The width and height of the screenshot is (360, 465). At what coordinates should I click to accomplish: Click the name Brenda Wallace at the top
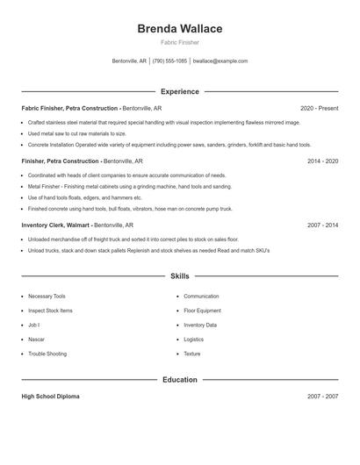[180, 29]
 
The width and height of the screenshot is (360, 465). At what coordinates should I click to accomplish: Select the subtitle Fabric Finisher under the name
[180, 42]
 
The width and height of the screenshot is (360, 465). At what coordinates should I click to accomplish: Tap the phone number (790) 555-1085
[169, 61]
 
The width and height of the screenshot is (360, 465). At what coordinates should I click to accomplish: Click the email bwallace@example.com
[220, 61]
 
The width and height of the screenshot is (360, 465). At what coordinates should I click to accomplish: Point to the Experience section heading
[180, 91]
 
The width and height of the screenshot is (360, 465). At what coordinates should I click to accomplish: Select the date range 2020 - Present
[319, 108]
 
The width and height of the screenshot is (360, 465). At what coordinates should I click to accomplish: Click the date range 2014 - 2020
[322, 161]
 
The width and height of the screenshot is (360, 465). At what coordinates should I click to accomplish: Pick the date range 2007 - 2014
[322, 225]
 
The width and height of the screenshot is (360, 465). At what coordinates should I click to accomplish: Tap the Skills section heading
[180, 275]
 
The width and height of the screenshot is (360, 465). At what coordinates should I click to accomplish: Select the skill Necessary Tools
[47, 297]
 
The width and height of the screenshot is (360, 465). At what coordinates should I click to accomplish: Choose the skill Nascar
[37, 340]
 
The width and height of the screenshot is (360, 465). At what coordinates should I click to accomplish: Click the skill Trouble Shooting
[47, 354]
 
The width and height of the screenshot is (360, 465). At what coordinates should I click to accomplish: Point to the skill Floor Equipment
[203, 311]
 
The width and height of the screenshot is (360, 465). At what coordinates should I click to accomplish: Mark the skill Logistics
[193, 340]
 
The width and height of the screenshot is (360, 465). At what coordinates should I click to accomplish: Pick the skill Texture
[192, 354]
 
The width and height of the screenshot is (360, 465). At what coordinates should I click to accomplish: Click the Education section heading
[180, 380]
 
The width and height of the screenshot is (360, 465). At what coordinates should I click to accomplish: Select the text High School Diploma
[50, 397]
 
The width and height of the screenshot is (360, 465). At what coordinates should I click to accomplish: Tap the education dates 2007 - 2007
[322, 397]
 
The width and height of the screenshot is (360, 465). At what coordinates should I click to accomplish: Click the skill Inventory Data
[200, 325]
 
